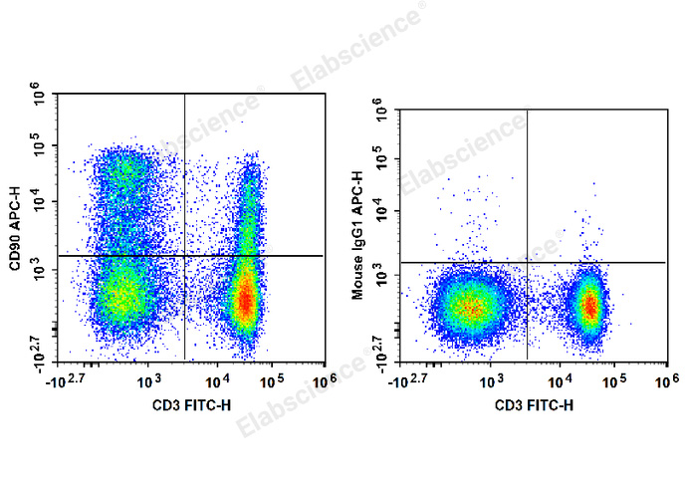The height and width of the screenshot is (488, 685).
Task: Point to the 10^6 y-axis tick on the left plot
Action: [x=41, y=95]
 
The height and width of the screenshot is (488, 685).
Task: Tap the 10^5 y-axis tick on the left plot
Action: [x=41, y=146]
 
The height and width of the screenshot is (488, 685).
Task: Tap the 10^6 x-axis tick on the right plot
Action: [x=666, y=381]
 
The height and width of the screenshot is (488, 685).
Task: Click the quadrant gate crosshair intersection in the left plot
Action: [x=185, y=256]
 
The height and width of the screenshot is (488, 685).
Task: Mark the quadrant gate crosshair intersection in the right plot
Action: [x=527, y=263]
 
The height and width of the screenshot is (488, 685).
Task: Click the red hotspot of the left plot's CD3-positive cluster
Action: [x=244, y=303]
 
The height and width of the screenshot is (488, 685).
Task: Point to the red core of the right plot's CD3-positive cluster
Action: [x=589, y=306]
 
